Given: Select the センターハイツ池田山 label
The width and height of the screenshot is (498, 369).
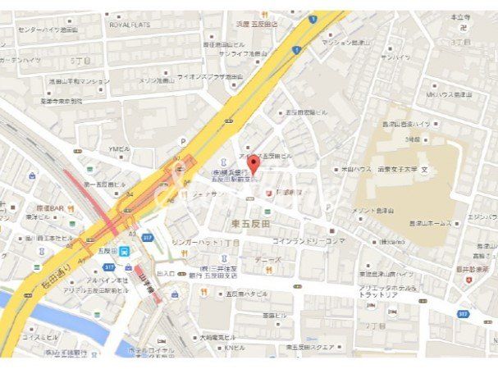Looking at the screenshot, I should [x=48, y=30].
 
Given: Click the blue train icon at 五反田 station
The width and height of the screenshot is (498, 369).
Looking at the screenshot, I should [x=125, y=252].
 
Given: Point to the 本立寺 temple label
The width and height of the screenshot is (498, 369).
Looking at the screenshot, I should [x=460, y=16].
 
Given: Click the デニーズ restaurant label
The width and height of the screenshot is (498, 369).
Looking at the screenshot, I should [x=267, y=258].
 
